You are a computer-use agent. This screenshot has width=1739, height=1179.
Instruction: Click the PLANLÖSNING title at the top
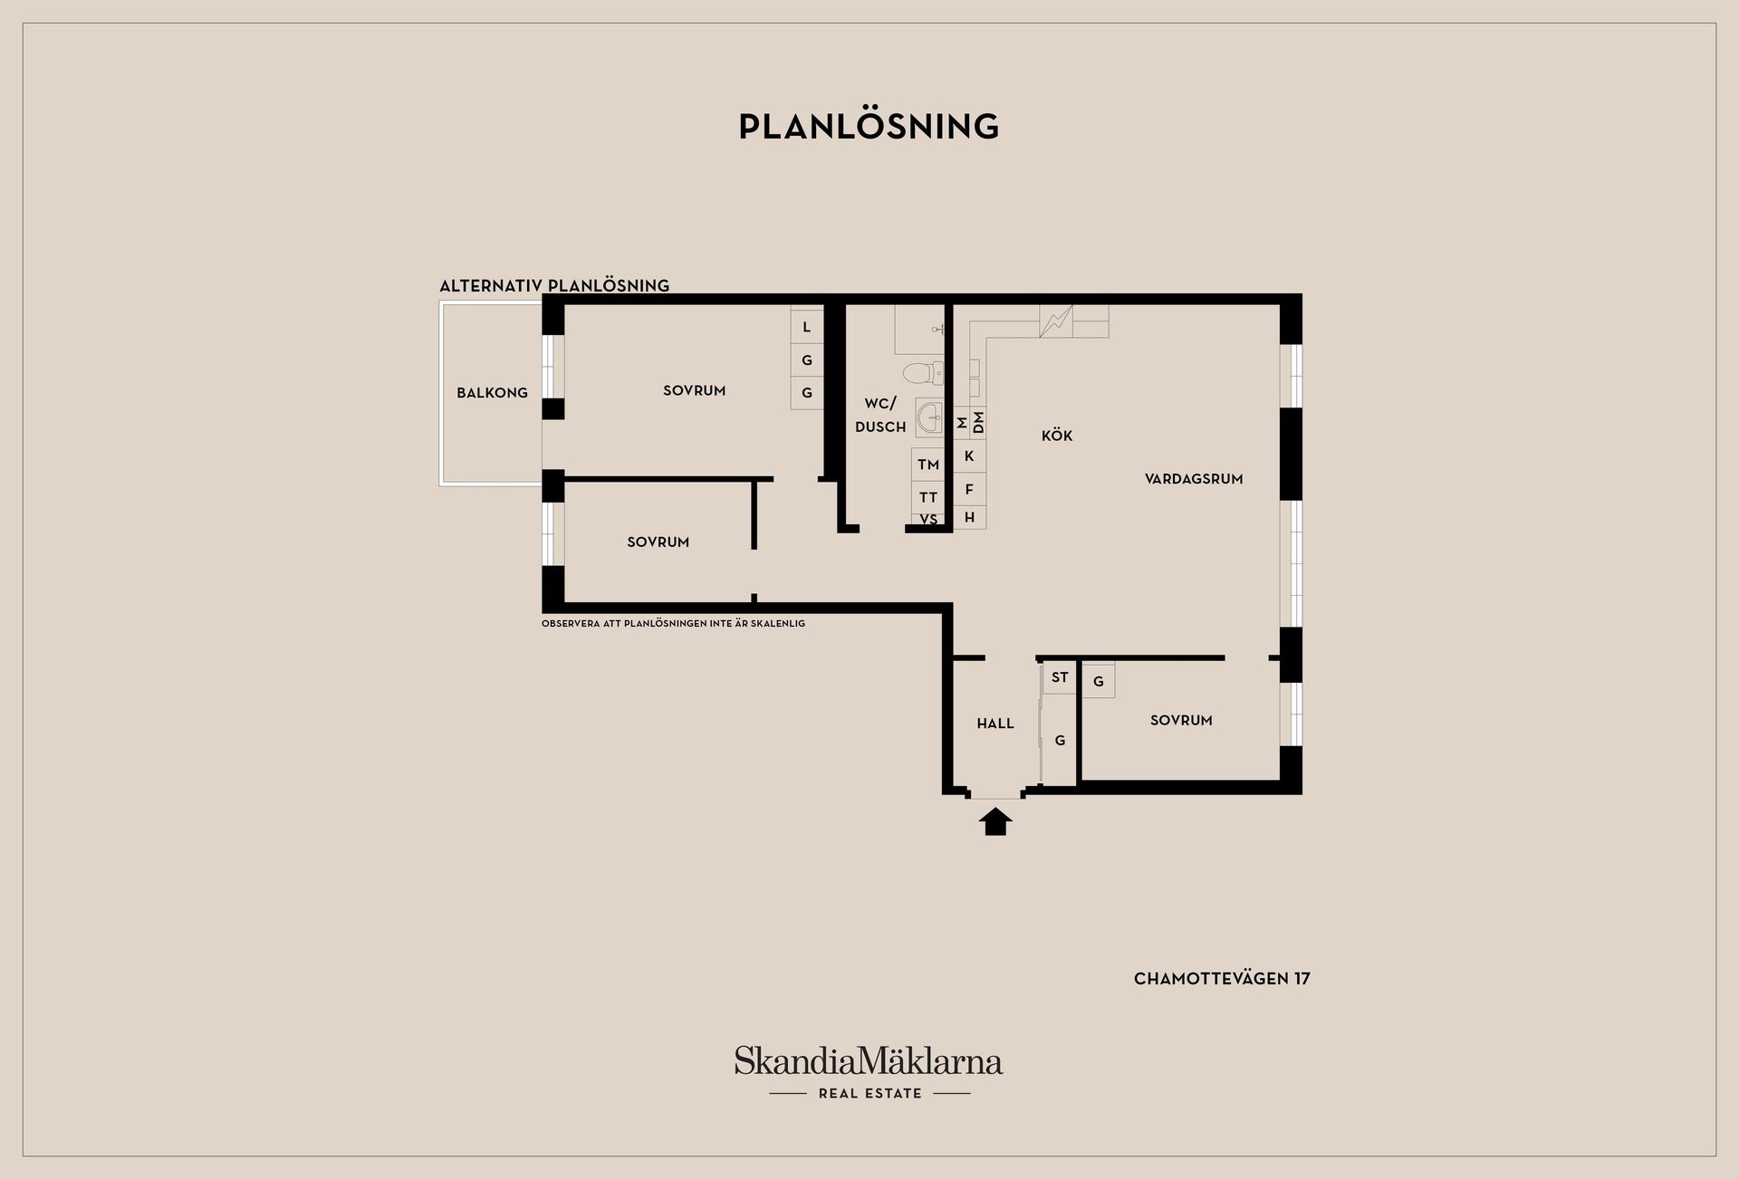coord(869,127)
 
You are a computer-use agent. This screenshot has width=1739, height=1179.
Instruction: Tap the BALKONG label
coord(492,393)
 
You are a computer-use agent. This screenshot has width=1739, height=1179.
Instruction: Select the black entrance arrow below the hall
coord(995,821)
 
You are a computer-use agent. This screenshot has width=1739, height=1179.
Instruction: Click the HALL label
coord(995,724)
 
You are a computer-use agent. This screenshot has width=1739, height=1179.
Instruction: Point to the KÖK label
coord(1057,436)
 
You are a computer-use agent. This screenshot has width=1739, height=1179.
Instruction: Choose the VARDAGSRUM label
coord(1194,479)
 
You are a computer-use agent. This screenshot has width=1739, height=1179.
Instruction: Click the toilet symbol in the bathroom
coord(923,372)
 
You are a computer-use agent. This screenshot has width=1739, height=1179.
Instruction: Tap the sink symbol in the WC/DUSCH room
coord(929,417)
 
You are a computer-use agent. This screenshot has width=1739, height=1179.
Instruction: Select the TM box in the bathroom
coord(928,465)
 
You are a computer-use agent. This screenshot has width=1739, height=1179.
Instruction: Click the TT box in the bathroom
coord(928,497)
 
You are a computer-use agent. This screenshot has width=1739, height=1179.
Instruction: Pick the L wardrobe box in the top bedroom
coord(807,327)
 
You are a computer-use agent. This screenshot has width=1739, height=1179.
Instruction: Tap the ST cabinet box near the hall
coord(1060,677)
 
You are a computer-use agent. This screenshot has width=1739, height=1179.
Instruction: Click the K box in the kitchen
coord(969,456)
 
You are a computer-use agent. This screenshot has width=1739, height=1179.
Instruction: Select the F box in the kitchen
coord(969,489)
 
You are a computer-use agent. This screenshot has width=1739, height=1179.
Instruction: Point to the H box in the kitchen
coord(969,517)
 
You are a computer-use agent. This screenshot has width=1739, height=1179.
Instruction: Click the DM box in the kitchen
coord(978,423)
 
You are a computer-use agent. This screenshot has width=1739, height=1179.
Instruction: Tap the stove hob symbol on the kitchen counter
coord(1056,321)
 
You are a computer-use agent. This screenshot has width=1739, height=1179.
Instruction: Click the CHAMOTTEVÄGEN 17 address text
coord(1222,979)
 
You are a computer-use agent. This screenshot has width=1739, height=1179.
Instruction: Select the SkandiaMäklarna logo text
coord(869,1060)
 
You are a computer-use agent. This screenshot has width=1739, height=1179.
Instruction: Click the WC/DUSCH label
coord(880,415)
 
